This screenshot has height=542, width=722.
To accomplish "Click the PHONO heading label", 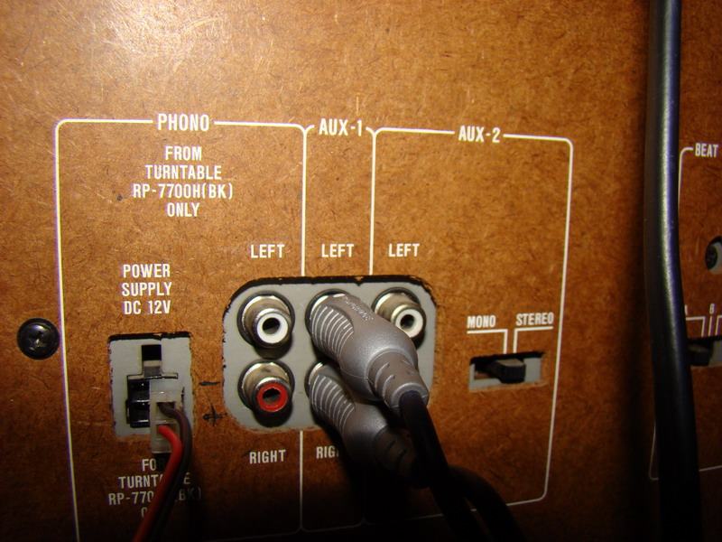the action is click(183, 122).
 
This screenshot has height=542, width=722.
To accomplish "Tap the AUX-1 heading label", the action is click(340, 129).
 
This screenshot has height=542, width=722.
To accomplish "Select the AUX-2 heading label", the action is click(479, 135).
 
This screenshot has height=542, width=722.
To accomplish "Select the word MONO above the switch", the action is click(486, 322).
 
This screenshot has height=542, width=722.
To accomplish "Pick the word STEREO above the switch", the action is click(534, 320).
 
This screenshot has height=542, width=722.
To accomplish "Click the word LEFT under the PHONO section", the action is click(267, 250).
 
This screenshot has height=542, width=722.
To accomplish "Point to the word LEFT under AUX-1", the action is click(337, 250).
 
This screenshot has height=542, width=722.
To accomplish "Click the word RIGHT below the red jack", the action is click(267, 457).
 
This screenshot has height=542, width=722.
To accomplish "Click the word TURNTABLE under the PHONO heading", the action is click(184, 173).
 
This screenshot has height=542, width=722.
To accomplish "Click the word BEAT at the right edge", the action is click(707, 152).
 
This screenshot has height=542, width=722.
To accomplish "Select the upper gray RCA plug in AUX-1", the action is click(361, 339).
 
